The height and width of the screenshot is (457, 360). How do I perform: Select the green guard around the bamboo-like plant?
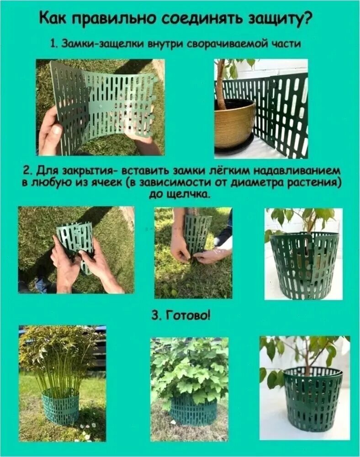(x=61, y=404)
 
